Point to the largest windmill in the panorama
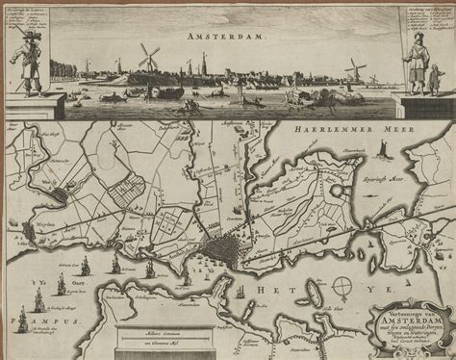coord(149,57)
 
